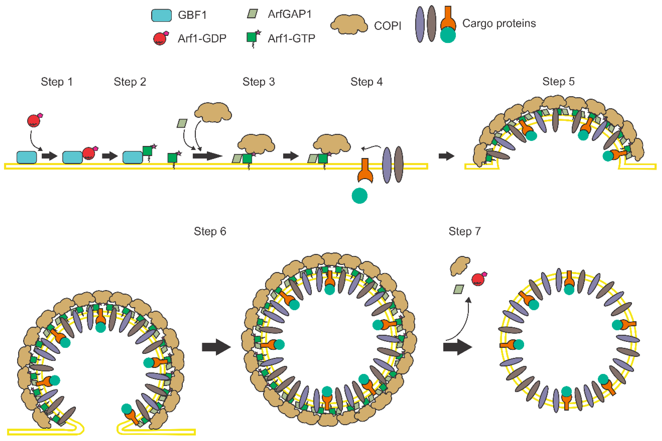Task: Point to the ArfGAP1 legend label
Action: (289, 14)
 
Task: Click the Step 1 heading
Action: (57, 82)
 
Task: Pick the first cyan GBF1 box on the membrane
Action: (27, 157)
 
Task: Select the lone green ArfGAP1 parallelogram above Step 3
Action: (182, 123)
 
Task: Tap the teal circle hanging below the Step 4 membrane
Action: (359, 196)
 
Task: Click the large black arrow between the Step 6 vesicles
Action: (216, 347)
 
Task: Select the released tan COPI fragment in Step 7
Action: (459, 265)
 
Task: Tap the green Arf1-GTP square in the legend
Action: (252, 37)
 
